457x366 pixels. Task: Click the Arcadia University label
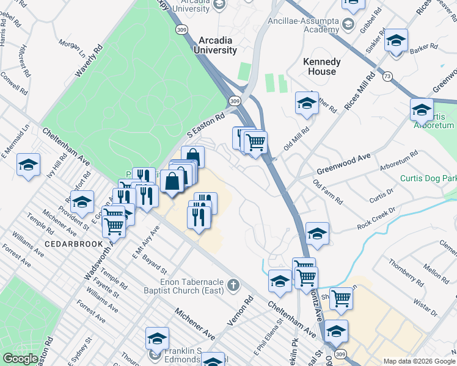click(217, 45)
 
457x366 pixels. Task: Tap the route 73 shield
click(387, 76)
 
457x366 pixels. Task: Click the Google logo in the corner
click(20, 359)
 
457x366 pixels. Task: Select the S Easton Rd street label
click(206, 123)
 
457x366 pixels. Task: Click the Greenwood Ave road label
click(343, 162)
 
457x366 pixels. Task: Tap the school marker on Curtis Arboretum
click(422, 110)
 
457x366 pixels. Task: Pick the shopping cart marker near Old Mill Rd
click(255, 143)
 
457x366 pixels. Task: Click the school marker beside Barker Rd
click(397, 41)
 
